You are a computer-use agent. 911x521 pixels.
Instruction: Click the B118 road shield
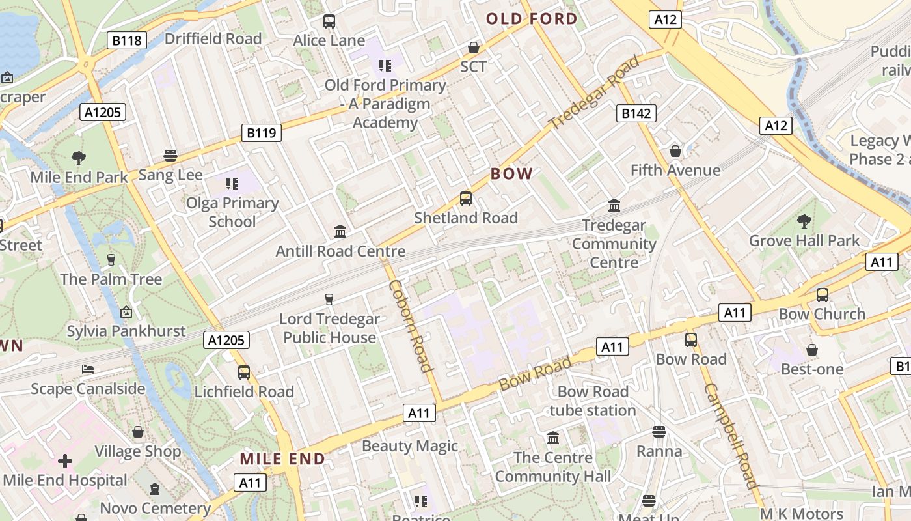click(126, 41)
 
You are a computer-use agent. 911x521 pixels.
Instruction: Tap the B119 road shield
click(262, 133)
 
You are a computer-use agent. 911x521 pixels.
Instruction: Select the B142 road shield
click(636, 113)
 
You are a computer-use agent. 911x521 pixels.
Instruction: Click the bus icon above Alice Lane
click(329, 21)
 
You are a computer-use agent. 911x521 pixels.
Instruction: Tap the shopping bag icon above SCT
click(474, 48)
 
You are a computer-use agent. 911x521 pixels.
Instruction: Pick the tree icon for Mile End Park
click(79, 158)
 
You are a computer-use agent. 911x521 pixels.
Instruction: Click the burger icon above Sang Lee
click(170, 156)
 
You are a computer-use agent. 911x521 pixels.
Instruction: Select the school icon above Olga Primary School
click(232, 184)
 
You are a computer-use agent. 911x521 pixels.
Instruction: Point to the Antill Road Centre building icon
click(340, 232)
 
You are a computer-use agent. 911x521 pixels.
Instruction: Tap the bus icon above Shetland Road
click(466, 199)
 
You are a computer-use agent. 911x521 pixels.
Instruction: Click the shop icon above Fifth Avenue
click(675, 151)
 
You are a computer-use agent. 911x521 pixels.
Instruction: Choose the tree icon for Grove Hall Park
click(804, 221)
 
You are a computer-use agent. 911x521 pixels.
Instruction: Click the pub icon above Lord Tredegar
click(329, 300)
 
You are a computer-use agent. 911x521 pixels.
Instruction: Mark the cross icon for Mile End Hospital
click(65, 461)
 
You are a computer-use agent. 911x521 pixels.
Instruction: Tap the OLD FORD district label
click(532, 19)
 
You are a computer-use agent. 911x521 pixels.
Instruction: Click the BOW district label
click(511, 174)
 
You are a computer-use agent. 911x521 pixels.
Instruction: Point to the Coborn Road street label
click(411, 326)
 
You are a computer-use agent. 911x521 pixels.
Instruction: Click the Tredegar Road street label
click(593, 92)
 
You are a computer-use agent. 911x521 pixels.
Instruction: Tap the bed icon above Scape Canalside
click(88, 369)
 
